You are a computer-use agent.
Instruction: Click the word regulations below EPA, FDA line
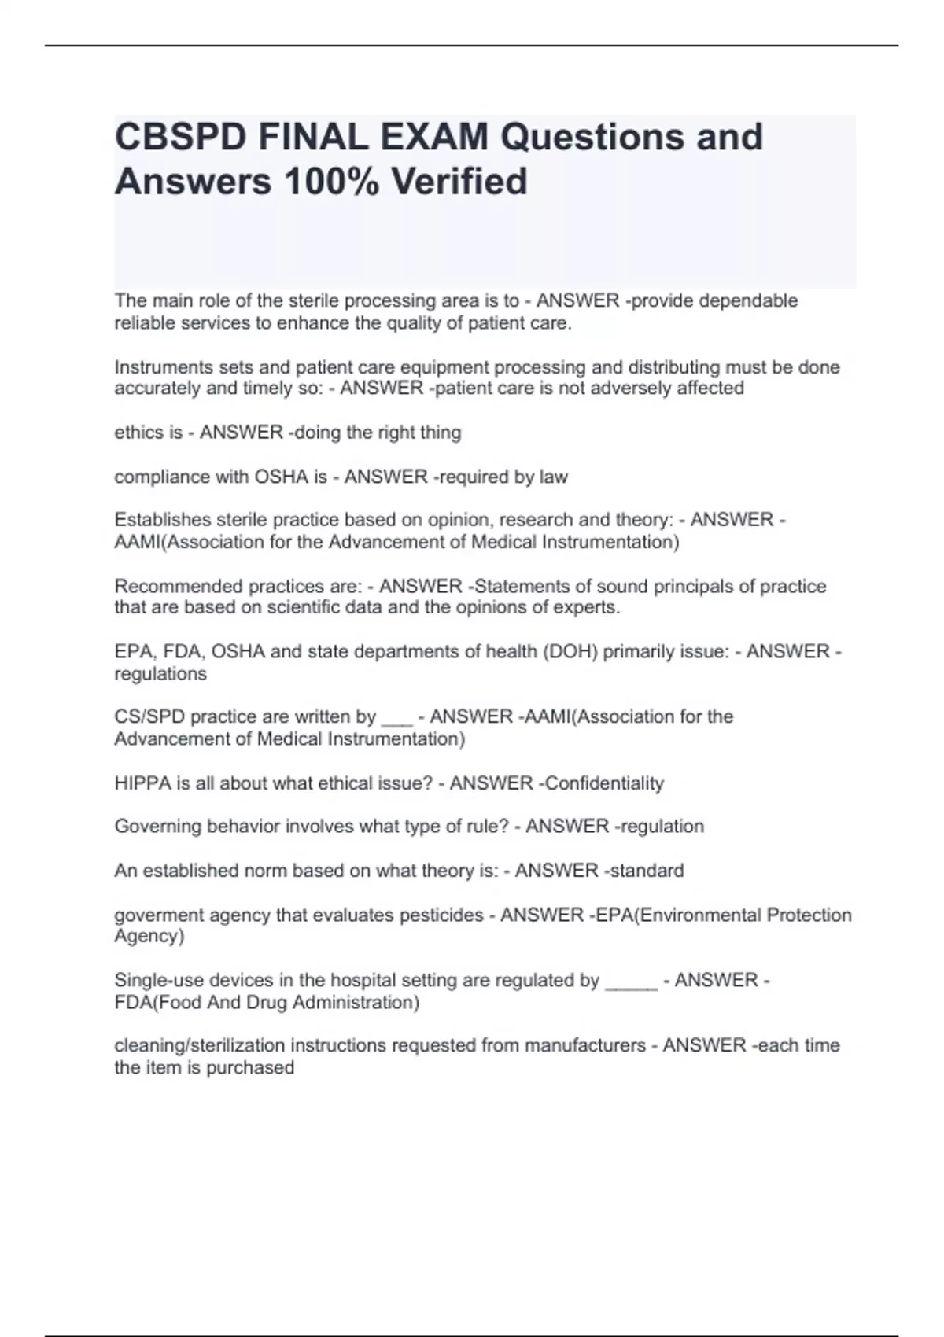click(160, 674)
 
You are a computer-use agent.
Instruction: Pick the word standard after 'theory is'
click(647, 871)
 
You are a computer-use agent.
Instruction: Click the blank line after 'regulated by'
click(631, 983)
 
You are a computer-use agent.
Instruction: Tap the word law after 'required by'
click(554, 477)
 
